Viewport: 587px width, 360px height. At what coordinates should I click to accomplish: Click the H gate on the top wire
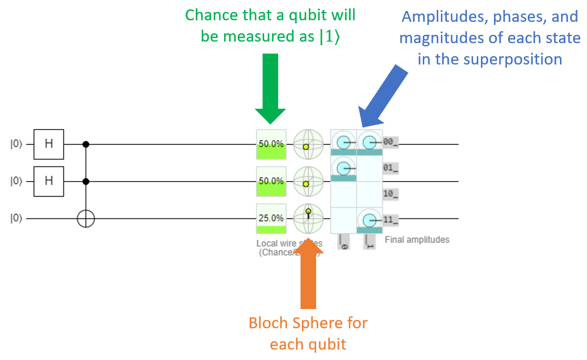pos(49,144)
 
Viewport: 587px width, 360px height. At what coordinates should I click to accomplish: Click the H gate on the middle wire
pos(49,182)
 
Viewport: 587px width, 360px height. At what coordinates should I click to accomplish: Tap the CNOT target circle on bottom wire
pos(86,219)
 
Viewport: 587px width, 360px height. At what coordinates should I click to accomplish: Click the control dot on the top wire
pos(86,144)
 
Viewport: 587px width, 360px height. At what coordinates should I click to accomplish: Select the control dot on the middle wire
pos(86,182)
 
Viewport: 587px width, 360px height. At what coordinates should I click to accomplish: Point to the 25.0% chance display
pos(271,219)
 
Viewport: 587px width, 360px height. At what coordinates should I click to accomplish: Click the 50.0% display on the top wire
pos(271,144)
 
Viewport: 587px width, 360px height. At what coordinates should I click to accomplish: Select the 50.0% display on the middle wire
pos(271,182)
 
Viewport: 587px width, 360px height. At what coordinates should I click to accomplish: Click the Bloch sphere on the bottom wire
pos(308,218)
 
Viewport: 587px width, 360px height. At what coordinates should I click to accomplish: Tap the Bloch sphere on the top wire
pos(308,144)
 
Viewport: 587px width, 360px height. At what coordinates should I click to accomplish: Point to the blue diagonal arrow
pos(382,96)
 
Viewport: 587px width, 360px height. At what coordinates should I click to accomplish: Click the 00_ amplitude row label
pos(390,142)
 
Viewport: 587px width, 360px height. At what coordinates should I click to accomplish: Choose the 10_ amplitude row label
pos(390,194)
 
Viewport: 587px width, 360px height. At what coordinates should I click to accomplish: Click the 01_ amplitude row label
pos(390,168)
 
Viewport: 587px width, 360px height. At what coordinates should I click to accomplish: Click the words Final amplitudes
pos(417,240)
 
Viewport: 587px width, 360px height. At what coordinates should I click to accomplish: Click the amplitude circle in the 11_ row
pos(369,220)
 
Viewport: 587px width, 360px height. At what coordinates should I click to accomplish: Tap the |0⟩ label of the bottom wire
pos(16,219)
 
